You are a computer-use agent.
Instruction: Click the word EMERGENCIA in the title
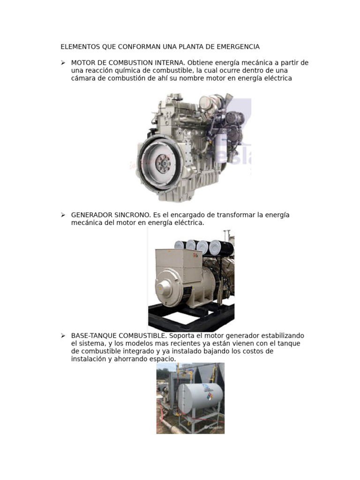click(x=238, y=47)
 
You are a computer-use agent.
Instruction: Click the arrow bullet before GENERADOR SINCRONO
click(x=63, y=215)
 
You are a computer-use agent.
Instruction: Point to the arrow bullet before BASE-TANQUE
click(x=63, y=336)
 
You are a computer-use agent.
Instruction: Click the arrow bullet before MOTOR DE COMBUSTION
click(x=63, y=63)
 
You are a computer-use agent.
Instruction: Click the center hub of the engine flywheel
click(x=163, y=163)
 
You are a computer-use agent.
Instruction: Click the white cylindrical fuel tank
click(x=201, y=397)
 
